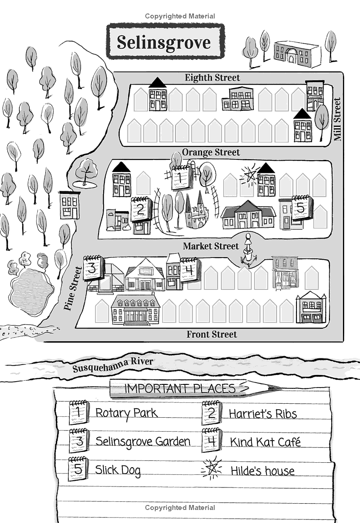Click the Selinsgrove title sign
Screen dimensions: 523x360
[165, 42]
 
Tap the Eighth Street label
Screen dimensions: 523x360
[212, 78]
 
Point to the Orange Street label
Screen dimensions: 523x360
[211, 153]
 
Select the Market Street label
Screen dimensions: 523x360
[211, 246]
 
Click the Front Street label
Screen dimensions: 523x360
[211, 334]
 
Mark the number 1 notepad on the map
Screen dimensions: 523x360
[180, 177]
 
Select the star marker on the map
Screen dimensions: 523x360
[249, 174]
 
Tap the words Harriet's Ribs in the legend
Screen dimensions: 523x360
[263, 414]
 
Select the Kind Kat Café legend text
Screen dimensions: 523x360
[265, 442]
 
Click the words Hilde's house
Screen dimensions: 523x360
[262, 471]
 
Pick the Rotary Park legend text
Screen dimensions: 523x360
[126, 413]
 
